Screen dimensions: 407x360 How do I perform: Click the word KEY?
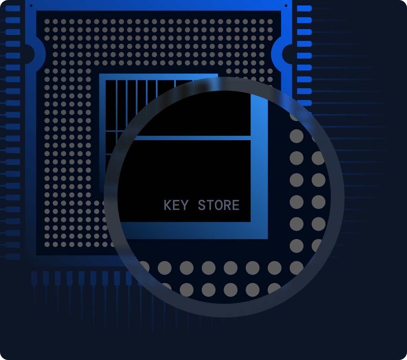point(176,205)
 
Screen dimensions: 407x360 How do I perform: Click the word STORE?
point(219,205)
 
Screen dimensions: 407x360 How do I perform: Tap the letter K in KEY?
point(167,205)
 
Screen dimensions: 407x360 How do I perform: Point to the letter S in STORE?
point(202,205)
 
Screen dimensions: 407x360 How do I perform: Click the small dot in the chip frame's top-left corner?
point(31,5)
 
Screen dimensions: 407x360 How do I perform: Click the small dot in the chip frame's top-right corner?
point(286,5)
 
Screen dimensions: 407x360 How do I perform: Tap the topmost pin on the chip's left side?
point(13,8)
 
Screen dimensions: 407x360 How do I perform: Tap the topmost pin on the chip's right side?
point(304,8)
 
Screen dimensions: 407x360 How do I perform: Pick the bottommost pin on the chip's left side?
point(13,257)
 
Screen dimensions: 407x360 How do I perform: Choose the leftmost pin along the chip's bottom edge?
point(34,278)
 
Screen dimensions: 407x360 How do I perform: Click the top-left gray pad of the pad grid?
point(47,22)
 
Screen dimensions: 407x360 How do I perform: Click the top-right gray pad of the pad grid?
point(270,22)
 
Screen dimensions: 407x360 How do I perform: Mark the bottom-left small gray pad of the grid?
point(47,244)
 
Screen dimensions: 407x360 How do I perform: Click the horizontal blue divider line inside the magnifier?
point(192,138)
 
